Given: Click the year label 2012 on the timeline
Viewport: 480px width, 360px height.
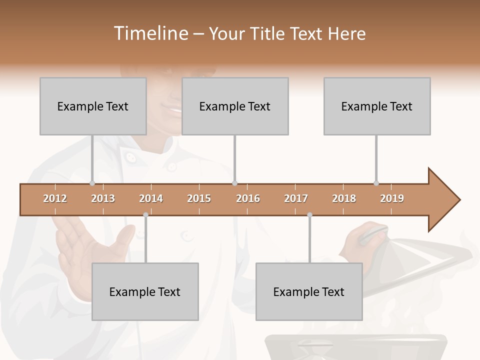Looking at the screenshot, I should coord(55,198).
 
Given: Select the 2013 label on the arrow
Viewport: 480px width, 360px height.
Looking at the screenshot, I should coord(103,198).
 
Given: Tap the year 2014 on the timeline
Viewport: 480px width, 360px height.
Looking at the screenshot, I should coord(151,198).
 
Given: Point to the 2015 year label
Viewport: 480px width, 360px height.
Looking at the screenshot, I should coord(199,198).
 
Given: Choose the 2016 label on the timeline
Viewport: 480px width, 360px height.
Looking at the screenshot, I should coord(248,198).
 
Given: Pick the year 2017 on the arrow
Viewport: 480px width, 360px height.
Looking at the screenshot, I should coord(296,198).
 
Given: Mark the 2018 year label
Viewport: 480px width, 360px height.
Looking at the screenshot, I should coord(344,198).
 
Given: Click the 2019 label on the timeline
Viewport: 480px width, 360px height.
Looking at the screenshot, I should coord(392,198).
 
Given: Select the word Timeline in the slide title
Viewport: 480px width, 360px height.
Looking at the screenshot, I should coord(150,33).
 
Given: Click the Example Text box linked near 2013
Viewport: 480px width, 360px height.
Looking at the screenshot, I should coord(93,106).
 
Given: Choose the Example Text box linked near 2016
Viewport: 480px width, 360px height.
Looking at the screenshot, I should coord(235,106).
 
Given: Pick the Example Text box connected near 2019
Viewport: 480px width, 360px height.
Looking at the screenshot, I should coord(377,106).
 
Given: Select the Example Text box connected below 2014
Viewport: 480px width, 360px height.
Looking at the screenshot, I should coord(145,291).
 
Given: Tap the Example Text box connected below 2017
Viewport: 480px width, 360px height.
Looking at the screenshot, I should coord(309,291).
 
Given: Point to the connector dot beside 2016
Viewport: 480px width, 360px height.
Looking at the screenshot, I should coord(234,183).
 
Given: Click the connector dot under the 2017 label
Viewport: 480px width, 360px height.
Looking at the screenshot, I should coord(309,215).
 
